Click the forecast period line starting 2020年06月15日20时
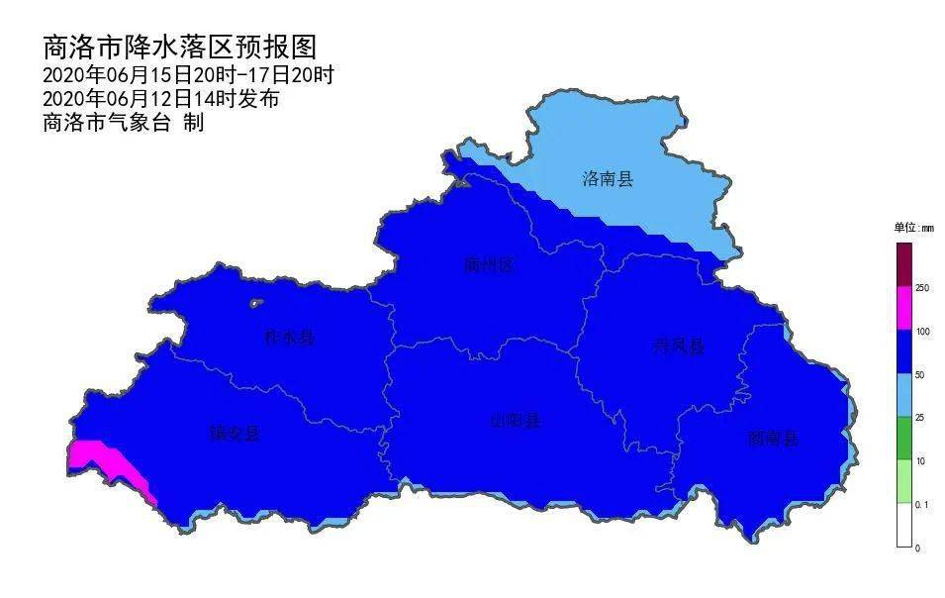[x=188, y=75]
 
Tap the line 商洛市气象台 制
[x=123, y=123]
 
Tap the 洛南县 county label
[x=607, y=179]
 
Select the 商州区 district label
[x=489, y=264]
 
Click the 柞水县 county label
[x=290, y=338]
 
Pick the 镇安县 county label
[x=234, y=433]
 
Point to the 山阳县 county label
[x=517, y=420]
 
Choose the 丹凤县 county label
[x=679, y=346]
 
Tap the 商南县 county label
[x=773, y=438]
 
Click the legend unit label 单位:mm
[x=913, y=228]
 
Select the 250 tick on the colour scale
[x=922, y=288]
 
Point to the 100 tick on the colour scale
[x=922, y=331]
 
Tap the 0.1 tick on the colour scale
[x=922, y=505]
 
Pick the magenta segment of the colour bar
[x=903, y=309]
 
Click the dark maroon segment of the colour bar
[x=903, y=264]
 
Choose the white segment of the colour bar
[x=903, y=526]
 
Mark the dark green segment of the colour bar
[x=903, y=439]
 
